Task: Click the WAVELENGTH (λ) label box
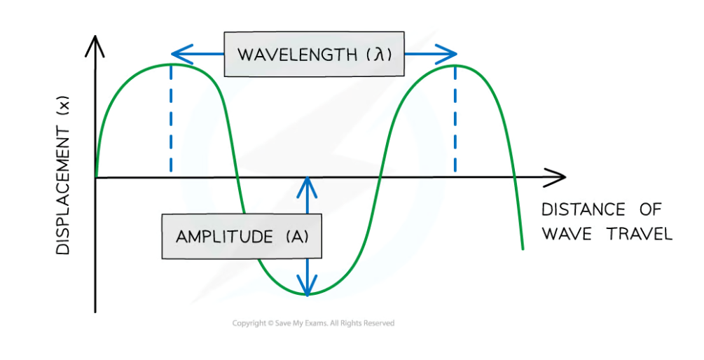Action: [313, 53]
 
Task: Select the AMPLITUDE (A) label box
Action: [242, 237]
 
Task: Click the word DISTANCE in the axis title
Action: [574, 209]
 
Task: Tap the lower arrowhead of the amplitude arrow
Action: [307, 288]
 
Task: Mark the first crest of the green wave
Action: [171, 64]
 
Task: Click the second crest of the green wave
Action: [455, 65]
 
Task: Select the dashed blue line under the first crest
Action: [171, 119]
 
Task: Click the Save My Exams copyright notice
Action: [313, 323]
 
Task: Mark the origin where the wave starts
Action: [96, 177]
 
